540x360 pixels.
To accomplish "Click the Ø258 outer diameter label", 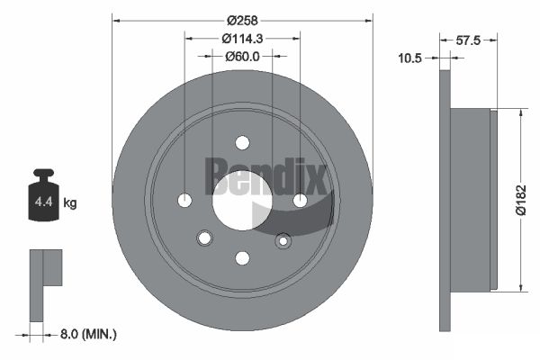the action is pos(242,21).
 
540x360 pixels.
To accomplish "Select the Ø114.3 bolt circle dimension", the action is pos(242,39).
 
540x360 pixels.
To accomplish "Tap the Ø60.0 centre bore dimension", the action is pos(242,56).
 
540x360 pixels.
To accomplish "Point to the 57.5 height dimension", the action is pos(468,40).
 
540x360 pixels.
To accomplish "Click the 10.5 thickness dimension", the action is pos(409,58).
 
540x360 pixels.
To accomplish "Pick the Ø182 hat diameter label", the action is pos(521,200).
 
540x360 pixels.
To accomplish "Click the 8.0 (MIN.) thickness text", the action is pos(88,334).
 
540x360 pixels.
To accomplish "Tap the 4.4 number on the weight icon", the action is pos(44,202).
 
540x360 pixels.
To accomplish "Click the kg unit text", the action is pos(70,202).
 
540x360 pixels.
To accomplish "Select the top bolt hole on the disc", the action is pos(242,142).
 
